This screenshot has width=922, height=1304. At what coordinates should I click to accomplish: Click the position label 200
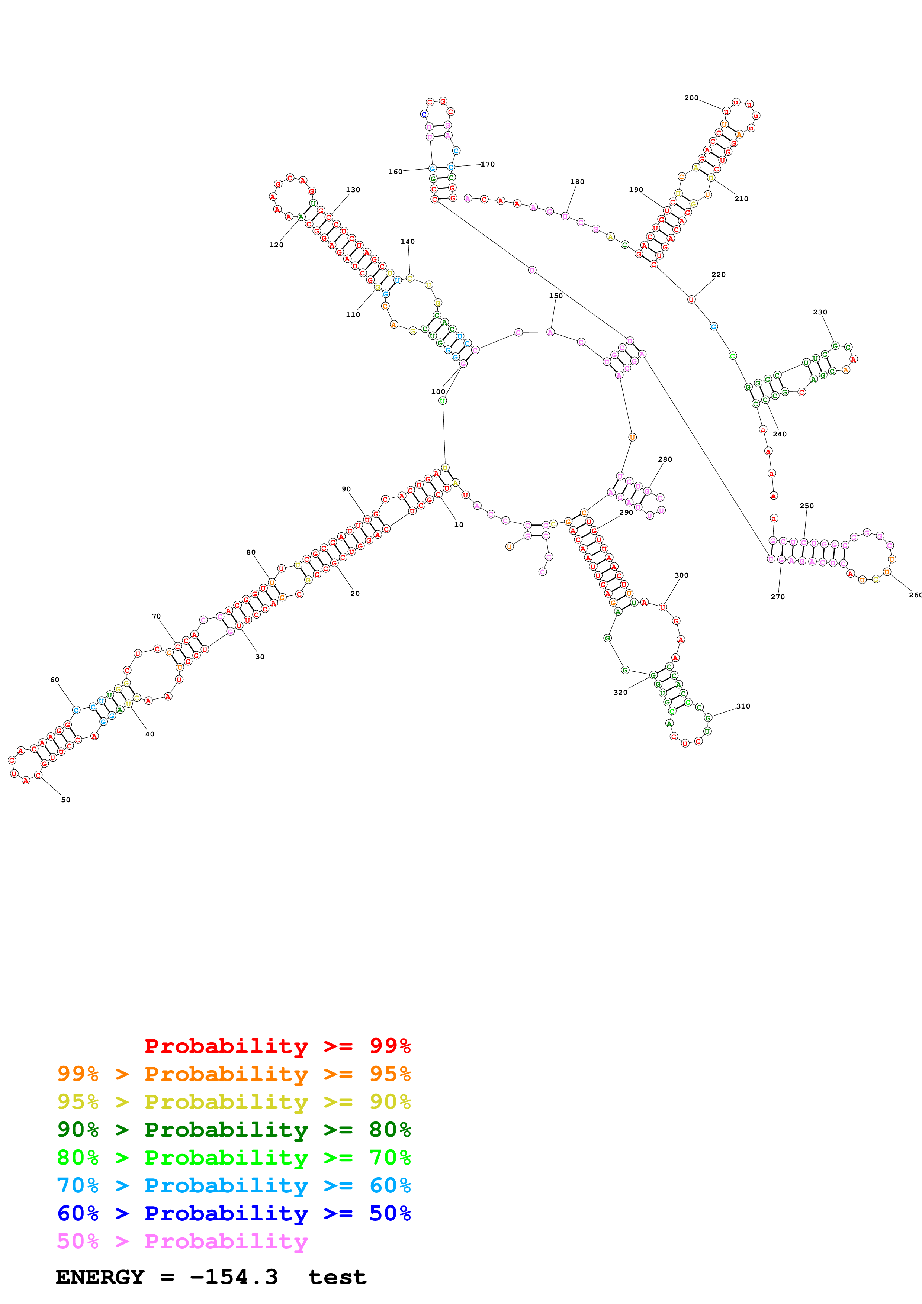click(x=691, y=98)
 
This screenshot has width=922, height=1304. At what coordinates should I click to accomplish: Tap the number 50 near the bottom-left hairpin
click(x=66, y=800)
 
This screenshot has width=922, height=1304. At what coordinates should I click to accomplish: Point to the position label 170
click(x=488, y=164)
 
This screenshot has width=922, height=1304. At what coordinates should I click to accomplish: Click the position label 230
click(x=820, y=312)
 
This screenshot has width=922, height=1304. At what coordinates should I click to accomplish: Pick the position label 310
click(x=743, y=706)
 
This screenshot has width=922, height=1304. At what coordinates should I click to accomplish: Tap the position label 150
click(x=556, y=296)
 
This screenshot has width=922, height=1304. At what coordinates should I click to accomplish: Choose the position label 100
click(x=438, y=391)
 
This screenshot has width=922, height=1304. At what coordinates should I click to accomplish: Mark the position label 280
click(x=665, y=459)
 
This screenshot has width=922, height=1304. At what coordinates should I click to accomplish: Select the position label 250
click(x=806, y=506)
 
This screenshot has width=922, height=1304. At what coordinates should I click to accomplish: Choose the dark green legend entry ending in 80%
click(x=234, y=1130)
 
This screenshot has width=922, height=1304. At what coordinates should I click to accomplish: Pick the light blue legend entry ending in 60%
click(x=234, y=1185)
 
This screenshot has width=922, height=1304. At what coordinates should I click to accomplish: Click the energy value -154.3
click(x=234, y=1277)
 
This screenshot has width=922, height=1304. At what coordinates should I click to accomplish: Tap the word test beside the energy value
click(x=337, y=1277)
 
